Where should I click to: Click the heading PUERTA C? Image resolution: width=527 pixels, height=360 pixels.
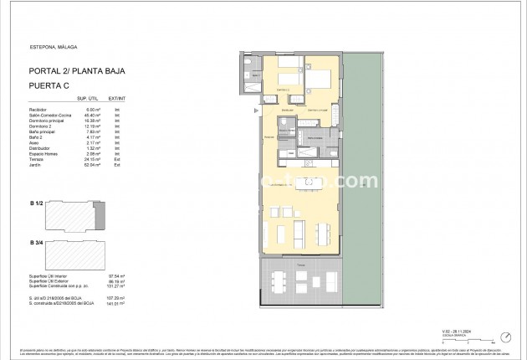coord(49,85)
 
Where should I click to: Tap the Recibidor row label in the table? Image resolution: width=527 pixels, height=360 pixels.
coord(38,108)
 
